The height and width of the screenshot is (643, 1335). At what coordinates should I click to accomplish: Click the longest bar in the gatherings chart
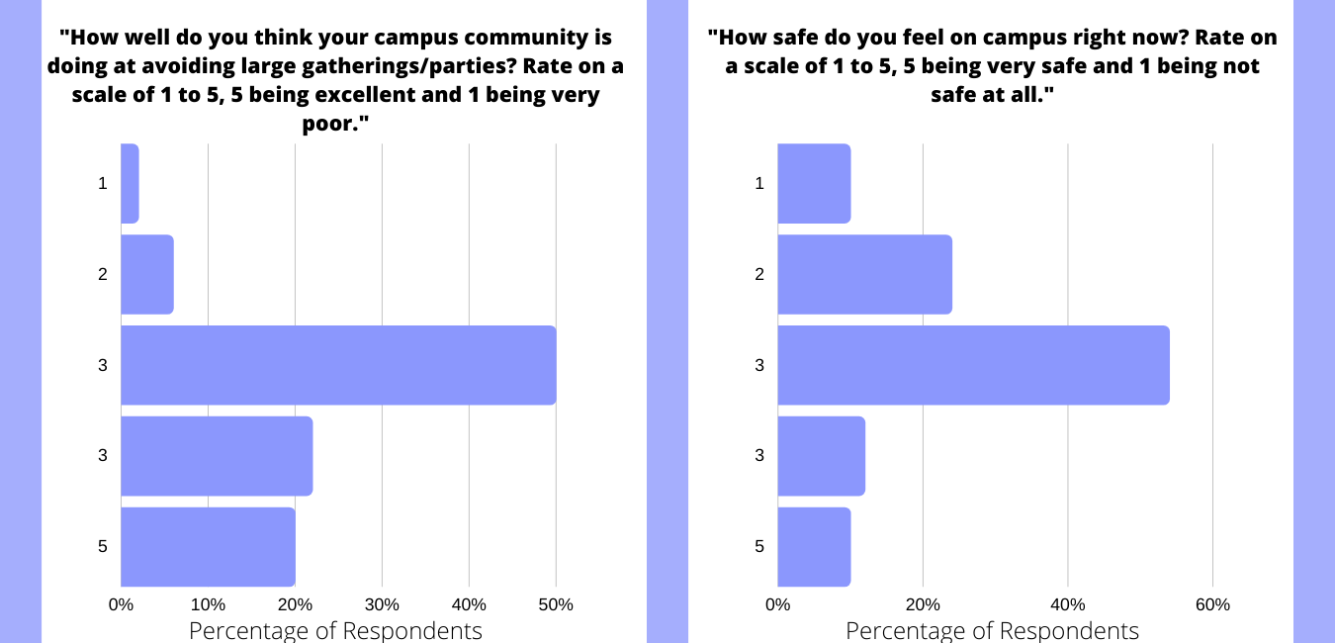(338, 365)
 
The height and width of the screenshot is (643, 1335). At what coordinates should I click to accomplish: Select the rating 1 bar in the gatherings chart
(130, 183)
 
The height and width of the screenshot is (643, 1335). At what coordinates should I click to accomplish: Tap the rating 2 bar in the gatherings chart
(147, 274)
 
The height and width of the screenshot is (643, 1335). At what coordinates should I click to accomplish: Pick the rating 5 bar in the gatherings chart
(208, 546)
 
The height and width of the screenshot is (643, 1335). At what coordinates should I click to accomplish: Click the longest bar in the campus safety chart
(973, 365)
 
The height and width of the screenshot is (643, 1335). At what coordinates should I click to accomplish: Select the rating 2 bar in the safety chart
(864, 274)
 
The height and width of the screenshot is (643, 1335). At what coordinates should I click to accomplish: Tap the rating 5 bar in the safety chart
(814, 546)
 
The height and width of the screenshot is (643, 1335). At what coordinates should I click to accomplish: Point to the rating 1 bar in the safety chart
(814, 183)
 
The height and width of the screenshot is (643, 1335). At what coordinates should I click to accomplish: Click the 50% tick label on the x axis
(556, 604)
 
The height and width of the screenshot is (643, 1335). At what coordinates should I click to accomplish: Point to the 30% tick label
(382, 604)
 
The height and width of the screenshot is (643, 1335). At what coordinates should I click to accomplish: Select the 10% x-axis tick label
(208, 604)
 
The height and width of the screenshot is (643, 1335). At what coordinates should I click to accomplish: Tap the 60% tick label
(1212, 604)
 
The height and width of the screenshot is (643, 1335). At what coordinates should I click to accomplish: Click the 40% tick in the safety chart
(1068, 604)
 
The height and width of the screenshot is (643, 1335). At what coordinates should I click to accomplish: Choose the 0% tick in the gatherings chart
(121, 604)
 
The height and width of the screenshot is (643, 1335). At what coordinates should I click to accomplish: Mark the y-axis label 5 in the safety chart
(759, 546)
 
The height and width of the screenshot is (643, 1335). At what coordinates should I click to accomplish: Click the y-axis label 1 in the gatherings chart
(103, 183)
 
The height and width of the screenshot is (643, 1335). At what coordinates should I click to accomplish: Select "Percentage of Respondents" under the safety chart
(992, 630)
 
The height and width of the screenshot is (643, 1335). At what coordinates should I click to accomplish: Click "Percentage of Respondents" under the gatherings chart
(335, 630)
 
